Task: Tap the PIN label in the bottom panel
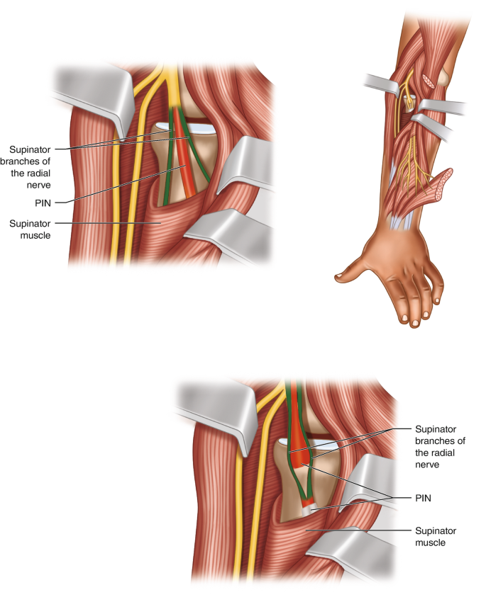point(424,498)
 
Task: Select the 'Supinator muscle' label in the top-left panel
point(30,229)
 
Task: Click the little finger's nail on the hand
point(437,302)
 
